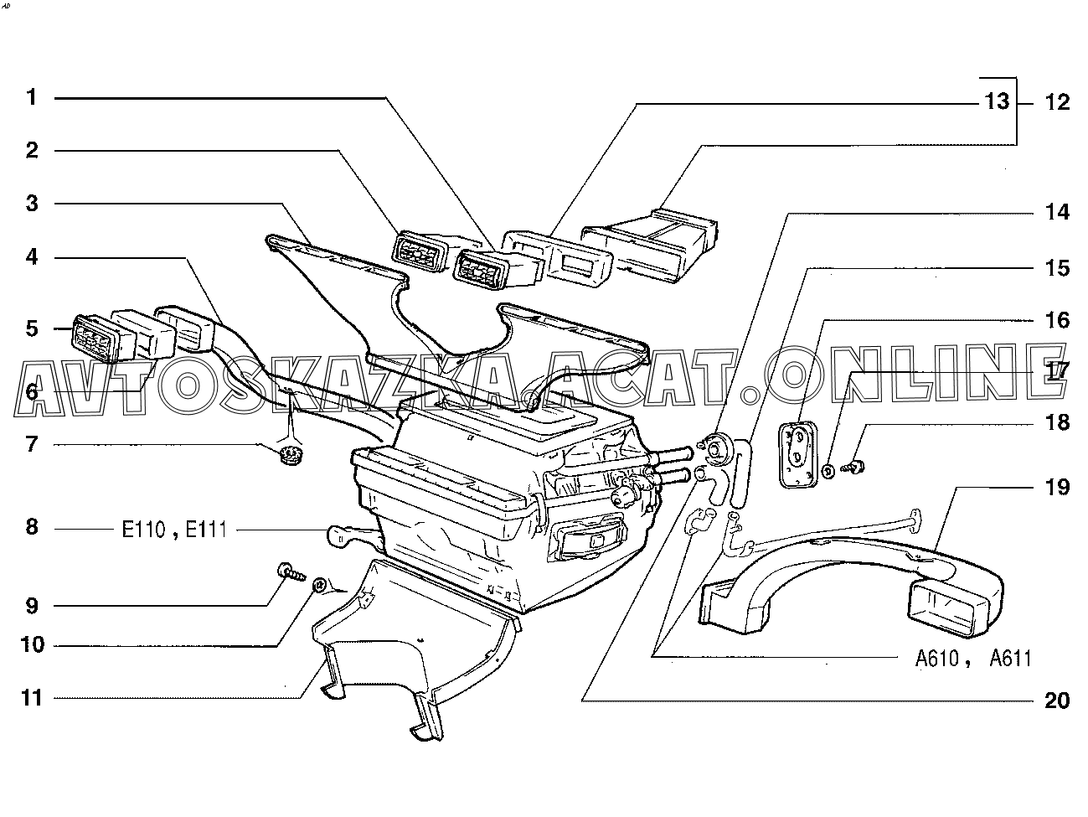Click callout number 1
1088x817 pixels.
32,97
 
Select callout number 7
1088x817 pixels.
32,444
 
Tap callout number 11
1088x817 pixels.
32,698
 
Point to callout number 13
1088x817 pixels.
997,101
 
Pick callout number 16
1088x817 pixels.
1057,320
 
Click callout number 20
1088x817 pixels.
1057,701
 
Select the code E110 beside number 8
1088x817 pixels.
143,530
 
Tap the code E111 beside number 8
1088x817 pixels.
206,530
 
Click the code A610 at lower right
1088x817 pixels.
937,659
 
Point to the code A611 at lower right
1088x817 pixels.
1010,659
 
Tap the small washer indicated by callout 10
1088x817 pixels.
320,585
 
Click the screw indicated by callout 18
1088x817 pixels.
854,466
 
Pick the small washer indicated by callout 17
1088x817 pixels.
828,470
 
